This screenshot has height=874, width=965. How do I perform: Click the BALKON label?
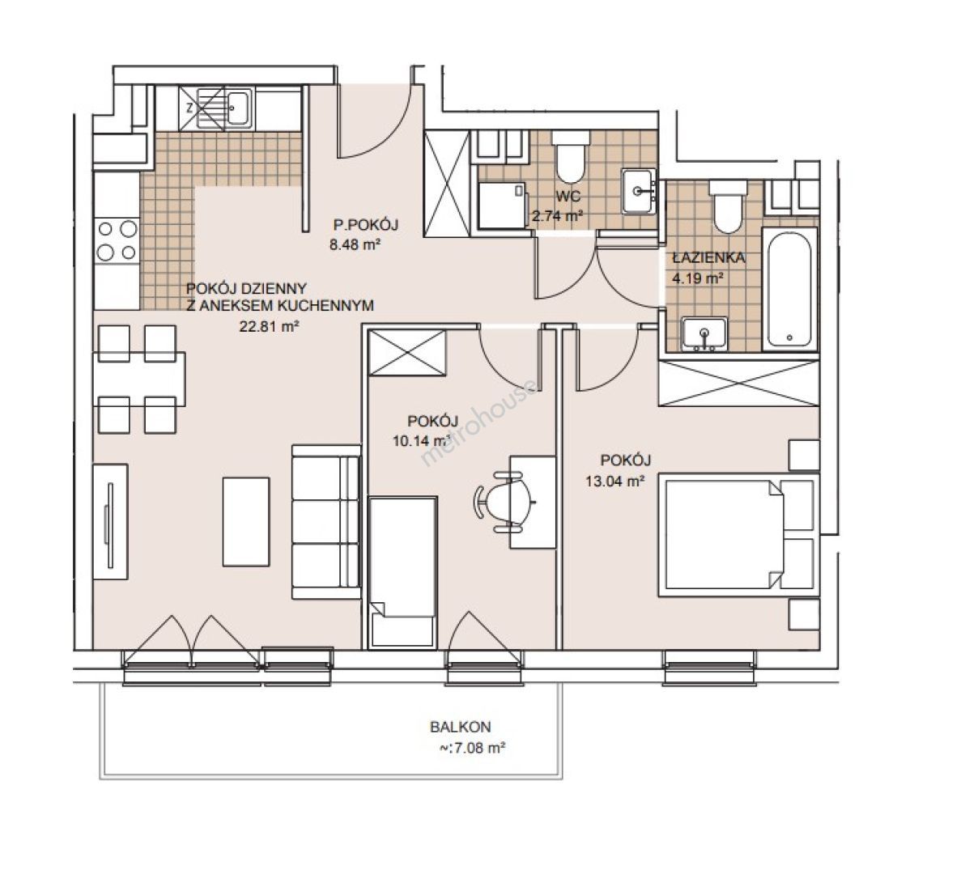(x=461, y=727)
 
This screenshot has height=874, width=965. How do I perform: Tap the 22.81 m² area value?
(x=269, y=327)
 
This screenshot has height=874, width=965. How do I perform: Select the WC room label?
(x=568, y=197)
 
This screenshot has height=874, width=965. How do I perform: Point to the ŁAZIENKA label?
(x=708, y=257)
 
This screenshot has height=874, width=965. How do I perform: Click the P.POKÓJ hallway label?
(x=366, y=224)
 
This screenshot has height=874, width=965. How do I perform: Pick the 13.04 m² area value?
(x=614, y=482)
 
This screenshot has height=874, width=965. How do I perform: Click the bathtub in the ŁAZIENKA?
(x=789, y=289)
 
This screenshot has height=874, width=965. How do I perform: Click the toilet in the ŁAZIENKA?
(x=728, y=206)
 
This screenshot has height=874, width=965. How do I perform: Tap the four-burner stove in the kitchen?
(x=117, y=240)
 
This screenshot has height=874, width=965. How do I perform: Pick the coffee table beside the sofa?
(x=246, y=522)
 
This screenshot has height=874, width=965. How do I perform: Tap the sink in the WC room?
(x=638, y=191)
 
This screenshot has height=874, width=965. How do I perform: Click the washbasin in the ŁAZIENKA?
(x=704, y=334)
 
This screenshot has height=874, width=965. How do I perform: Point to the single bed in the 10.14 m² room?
(x=402, y=572)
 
